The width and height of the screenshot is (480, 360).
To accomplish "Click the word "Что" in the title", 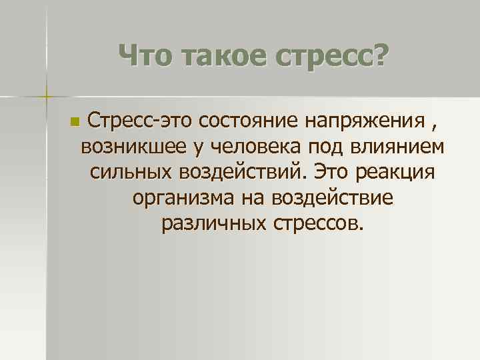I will click(147, 55).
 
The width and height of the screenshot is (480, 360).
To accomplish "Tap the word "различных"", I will click(212, 222).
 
